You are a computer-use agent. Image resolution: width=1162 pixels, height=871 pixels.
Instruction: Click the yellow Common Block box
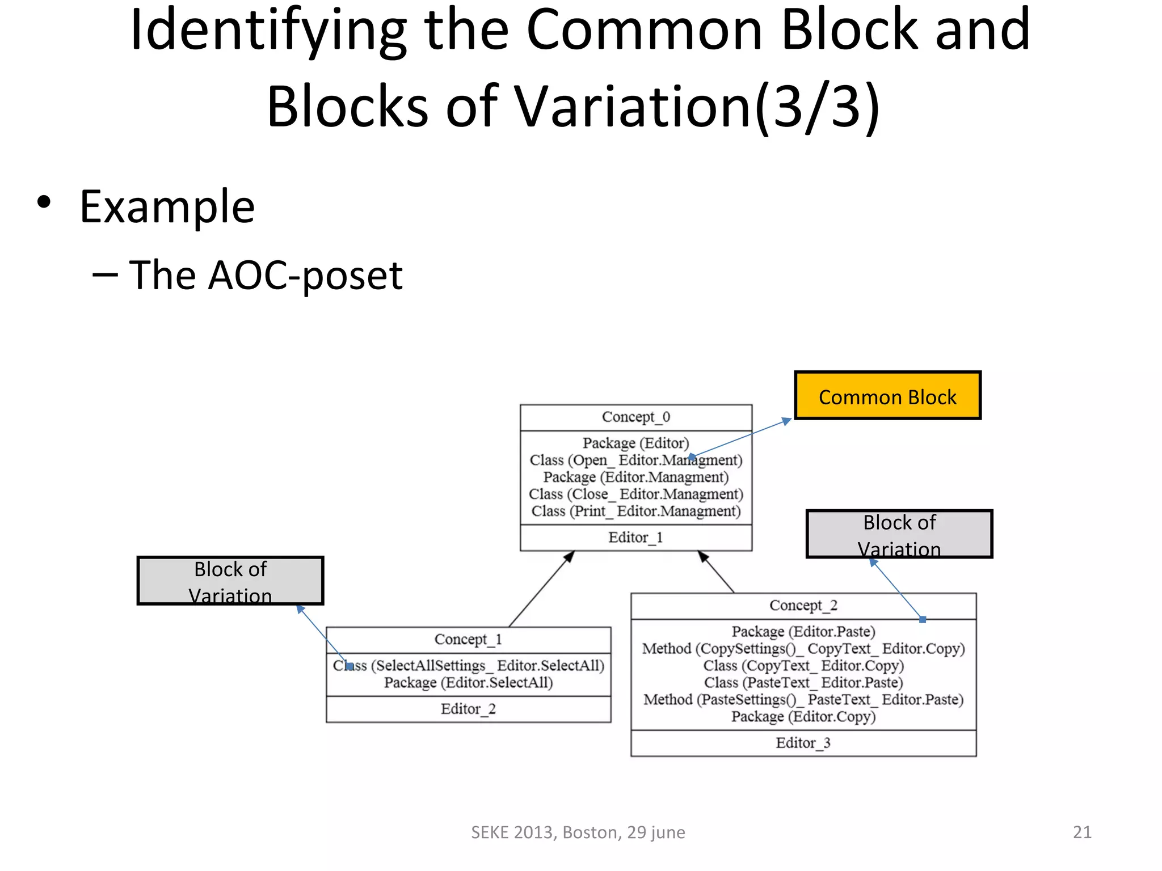(x=887, y=396)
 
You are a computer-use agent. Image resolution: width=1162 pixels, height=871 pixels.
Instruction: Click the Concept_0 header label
(x=635, y=417)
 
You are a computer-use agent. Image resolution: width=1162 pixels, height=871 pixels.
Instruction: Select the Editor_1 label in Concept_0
(x=635, y=538)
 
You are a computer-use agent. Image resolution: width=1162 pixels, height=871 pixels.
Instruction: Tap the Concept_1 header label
(x=468, y=640)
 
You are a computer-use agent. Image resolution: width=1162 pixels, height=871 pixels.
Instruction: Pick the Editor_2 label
(x=468, y=709)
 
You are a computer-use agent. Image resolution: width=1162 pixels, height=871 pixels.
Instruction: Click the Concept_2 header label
(x=803, y=606)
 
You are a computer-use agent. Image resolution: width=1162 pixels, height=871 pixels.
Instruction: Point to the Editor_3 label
(x=803, y=743)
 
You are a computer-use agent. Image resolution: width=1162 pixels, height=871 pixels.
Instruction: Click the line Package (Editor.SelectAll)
(x=468, y=683)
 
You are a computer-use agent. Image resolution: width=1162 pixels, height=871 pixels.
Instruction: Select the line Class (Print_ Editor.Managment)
(x=635, y=511)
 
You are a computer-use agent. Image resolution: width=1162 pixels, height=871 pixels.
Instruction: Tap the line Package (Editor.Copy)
(x=803, y=717)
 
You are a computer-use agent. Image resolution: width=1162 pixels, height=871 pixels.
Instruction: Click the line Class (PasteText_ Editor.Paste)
(x=803, y=683)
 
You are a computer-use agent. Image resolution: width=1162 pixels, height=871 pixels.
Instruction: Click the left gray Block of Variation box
(x=230, y=581)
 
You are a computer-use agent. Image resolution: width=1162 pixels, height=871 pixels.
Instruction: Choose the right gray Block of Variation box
(x=899, y=534)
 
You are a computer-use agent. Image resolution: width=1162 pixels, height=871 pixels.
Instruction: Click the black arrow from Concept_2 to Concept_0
(x=717, y=573)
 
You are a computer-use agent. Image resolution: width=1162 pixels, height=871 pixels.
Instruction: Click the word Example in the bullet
(x=167, y=208)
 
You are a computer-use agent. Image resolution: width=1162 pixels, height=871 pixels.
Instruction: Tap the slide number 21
(x=1081, y=832)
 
